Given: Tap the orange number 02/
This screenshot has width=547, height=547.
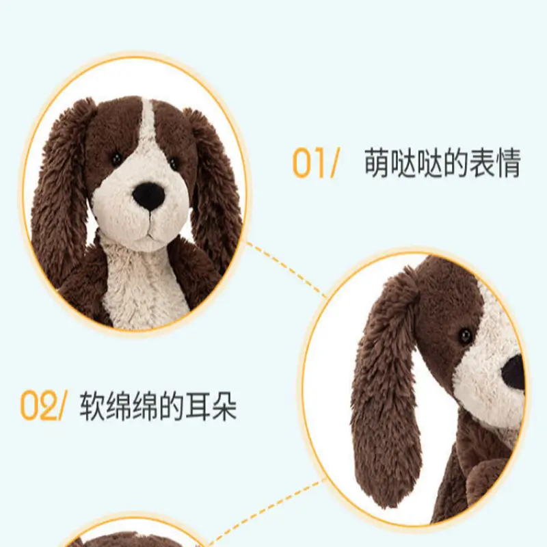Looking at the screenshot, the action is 42,405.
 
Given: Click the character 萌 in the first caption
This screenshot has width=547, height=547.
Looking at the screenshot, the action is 377,163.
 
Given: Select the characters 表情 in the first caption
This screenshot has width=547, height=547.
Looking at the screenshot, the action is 495,163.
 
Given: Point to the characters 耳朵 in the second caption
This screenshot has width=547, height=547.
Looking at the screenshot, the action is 211,406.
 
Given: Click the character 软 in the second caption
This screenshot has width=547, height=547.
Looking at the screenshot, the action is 92,406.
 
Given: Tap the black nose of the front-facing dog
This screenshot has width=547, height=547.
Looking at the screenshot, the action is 149,196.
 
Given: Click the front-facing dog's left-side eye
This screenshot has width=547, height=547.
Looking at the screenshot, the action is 116,159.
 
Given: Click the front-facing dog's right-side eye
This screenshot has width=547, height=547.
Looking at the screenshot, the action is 174,163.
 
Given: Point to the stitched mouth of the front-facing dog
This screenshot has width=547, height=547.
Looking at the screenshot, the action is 150,228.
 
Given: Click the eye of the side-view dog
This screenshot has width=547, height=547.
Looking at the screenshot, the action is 466,336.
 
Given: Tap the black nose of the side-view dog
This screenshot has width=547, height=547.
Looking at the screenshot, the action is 513,373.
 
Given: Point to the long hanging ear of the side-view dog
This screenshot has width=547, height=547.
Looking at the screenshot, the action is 387,387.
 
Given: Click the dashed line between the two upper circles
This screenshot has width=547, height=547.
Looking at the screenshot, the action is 286,269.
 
